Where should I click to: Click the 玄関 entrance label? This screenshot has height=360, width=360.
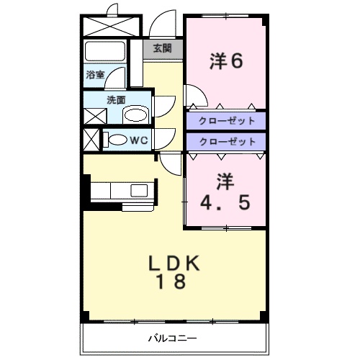[162, 49]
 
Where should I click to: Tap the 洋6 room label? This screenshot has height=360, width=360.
[226, 61]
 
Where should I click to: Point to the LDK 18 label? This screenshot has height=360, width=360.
[174, 271]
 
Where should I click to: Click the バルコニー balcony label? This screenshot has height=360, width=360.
[173, 337]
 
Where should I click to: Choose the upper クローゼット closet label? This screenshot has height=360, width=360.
[226, 120]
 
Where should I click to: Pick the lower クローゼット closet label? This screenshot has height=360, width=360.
[226, 142]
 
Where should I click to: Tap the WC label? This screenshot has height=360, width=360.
[138, 140]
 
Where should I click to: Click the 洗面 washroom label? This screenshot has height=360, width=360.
[116, 101]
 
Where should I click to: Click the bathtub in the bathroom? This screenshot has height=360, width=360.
[106, 52]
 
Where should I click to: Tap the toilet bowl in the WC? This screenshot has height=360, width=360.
[115, 140]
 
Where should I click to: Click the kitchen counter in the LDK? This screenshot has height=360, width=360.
[122, 192]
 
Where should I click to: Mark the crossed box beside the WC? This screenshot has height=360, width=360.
[91, 139]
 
